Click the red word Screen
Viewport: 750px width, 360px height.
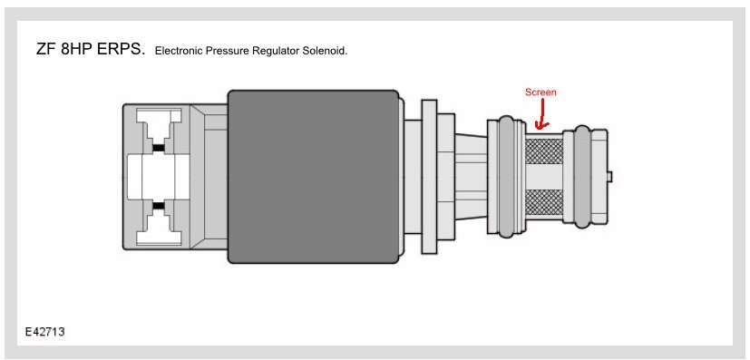[541, 92]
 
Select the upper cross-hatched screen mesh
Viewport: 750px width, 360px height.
[544, 149]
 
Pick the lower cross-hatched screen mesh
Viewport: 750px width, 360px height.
[544, 205]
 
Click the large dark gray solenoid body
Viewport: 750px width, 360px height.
[313, 176]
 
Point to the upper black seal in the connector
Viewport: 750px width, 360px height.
[159, 148]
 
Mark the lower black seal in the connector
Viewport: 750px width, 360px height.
[159, 206]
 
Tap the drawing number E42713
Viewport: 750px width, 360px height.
[45, 332]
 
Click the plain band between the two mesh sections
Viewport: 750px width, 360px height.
[544, 177]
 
